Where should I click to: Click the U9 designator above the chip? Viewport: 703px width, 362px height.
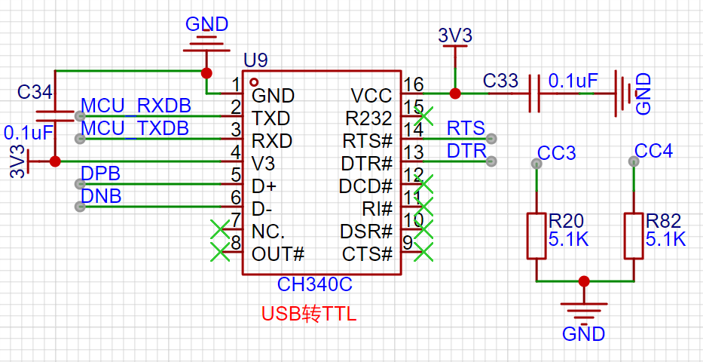click(255, 60)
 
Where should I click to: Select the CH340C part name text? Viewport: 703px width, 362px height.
click(314, 284)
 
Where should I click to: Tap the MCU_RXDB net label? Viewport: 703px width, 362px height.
click(136, 106)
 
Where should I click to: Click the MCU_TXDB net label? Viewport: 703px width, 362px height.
click(135, 128)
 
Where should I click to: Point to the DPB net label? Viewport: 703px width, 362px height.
click(100, 174)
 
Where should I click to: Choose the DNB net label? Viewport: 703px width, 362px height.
click(100, 197)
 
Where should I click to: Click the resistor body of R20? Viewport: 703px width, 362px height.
click(536, 236)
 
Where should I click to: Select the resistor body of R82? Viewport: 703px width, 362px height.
click(634, 236)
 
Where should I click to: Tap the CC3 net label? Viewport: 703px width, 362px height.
click(557, 153)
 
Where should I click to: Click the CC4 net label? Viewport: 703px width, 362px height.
click(653, 151)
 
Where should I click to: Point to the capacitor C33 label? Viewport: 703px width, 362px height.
click(500, 80)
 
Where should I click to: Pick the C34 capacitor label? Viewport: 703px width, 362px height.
click(35, 93)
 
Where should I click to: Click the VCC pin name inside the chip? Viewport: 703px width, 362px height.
click(371, 96)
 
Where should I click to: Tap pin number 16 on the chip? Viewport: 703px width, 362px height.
click(413, 84)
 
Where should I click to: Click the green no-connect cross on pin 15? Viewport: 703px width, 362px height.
click(424, 116)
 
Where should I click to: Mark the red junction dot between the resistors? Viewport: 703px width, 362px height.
click(584, 281)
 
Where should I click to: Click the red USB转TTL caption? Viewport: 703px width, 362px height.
click(309, 314)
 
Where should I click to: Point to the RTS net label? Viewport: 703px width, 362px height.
click(466, 128)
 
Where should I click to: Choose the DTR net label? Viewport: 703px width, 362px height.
click(466, 151)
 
